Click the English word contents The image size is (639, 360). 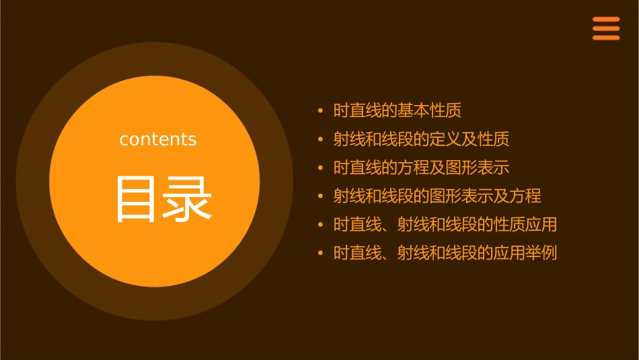(158, 139)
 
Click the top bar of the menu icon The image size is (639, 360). (605, 20)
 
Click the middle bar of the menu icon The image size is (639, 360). (605, 28)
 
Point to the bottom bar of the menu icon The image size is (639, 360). (605, 38)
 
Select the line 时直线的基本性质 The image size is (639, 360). (397, 110)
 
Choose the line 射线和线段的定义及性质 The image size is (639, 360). (421, 139)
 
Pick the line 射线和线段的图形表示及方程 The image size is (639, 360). (437, 196)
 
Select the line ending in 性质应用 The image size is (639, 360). (445, 225)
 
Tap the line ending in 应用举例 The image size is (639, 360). (445, 254)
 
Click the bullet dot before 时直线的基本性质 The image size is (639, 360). (320, 110)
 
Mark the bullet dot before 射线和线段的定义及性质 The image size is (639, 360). (320, 139)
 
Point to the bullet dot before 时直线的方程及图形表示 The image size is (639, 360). (320, 168)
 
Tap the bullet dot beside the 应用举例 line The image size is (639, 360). (320, 254)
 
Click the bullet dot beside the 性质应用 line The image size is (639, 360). (320, 225)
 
